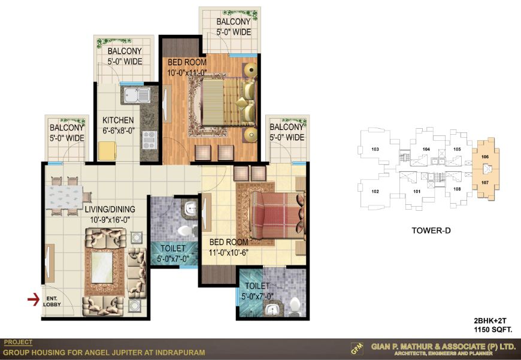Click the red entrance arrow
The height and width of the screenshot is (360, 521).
[33, 300]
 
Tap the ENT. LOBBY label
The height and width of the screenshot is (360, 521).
[52, 301]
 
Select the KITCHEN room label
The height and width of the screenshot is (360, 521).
[118, 120]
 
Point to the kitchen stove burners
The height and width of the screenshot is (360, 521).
[150, 140]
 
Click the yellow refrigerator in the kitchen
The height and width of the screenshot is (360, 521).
[107, 152]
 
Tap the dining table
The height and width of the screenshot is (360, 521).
[64, 197]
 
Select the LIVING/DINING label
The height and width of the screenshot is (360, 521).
[110, 209]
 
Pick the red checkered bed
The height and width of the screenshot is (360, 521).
[277, 215]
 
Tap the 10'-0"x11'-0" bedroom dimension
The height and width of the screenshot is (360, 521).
[187, 72]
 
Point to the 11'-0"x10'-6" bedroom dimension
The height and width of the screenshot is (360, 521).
[229, 253]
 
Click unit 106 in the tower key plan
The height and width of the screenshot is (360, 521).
[485, 156]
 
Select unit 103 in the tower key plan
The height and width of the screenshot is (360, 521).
[375, 149]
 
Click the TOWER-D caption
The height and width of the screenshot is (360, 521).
[431, 231]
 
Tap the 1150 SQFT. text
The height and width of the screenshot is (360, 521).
[493, 329]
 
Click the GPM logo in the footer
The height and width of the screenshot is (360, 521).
[357, 349]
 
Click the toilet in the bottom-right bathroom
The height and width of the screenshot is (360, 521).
[295, 306]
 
